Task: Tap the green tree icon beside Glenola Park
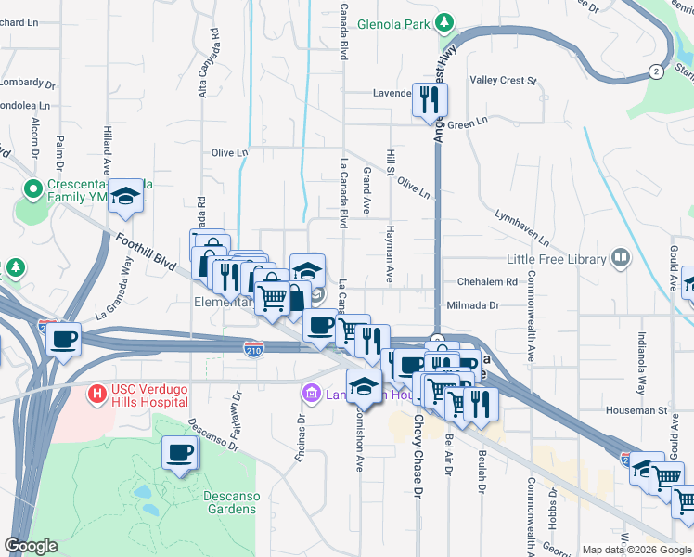click(444, 21)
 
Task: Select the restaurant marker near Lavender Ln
click(430, 99)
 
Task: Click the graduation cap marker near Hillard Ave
click(125, 196)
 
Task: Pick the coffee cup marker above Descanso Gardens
click(179, 454)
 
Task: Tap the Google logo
click(32, 546)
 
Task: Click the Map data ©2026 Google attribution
click(636, 550)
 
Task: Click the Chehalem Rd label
click(486, 282)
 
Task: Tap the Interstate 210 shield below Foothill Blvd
click(254, 349)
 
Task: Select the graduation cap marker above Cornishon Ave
click(365, 386)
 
